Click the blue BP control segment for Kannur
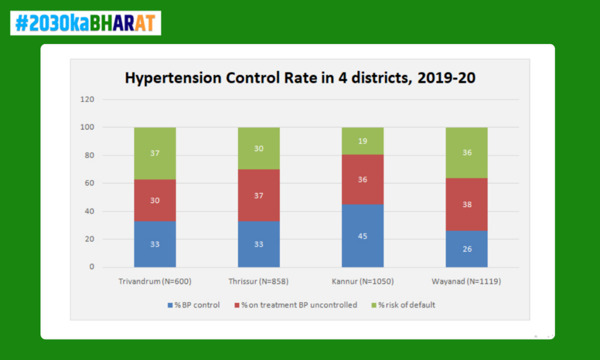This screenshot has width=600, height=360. coord(362,236)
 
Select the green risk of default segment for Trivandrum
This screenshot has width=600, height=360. coord(155,153)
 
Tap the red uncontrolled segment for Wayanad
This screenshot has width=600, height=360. coord(466,204)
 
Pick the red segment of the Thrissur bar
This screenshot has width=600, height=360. coord(258,195)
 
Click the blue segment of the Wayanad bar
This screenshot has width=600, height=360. coord(466,249)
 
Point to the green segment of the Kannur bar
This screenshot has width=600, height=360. coord(362,141)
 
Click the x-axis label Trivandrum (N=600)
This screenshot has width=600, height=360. coord(155,281)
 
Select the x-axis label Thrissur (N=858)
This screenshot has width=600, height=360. coord(258,281)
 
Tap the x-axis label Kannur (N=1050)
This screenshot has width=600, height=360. coord(363,281)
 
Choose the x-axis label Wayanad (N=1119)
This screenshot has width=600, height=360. coord(466,281)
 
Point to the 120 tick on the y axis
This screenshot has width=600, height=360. coord(87,99)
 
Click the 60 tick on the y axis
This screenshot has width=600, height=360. coord(89,183)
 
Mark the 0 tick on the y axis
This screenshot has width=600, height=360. coord(92,267)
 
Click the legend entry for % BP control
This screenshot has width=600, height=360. coord(193,305)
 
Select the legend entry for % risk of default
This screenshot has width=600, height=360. coord(403,305)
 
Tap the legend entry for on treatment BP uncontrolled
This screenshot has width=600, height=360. coord(296,305)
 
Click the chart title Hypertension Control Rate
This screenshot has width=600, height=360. coord(300,78)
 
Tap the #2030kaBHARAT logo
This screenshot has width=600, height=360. coord(86,23)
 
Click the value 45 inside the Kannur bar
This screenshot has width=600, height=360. coord(362,236)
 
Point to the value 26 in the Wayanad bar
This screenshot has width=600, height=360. coord(467,249)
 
